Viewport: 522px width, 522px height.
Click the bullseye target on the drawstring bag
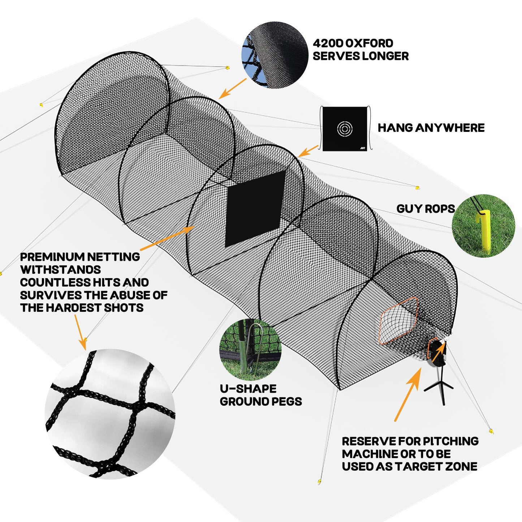[345, 128]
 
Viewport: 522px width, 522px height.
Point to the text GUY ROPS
[426, 208]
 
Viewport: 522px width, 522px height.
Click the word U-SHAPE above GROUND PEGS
[248, 389]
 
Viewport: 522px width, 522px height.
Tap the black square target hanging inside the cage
[255, 208]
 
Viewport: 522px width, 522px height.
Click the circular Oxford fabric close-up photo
[275, 55]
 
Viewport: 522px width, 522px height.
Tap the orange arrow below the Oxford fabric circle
[232, 89]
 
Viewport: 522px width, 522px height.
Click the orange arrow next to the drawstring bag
[308, 151]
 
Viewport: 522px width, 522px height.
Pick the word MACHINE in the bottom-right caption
[369, 454]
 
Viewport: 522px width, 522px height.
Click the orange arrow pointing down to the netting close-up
[80, 332]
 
